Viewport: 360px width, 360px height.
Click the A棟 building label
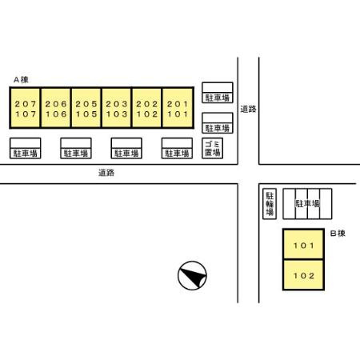(21, 79)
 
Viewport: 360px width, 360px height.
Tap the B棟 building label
(338, 234)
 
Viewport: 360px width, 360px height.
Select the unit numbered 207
(26, 104)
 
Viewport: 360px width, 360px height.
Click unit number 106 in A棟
(56, 114)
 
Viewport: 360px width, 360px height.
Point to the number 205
(86, 104)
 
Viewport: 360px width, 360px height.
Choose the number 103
(117, 114)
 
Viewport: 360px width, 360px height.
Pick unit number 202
(147, 104)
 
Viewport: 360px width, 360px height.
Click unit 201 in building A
(178, 104)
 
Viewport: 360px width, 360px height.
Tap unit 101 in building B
(304, 246)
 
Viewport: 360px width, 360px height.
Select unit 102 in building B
(304, 275)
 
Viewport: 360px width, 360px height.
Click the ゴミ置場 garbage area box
(212, 148)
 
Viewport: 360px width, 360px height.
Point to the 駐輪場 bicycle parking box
(270, 204)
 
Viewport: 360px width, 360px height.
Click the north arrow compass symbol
(192, 275)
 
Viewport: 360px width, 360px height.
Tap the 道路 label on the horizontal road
(106, 173)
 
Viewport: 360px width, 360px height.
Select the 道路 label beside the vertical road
(248, 109)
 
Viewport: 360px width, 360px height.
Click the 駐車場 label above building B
(307, 204)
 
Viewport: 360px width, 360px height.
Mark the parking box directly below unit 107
(26, 148)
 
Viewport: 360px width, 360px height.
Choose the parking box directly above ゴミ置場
(218, 123)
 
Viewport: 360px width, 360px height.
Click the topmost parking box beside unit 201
(218, 93)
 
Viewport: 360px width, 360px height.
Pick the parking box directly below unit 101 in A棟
(177, 148)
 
